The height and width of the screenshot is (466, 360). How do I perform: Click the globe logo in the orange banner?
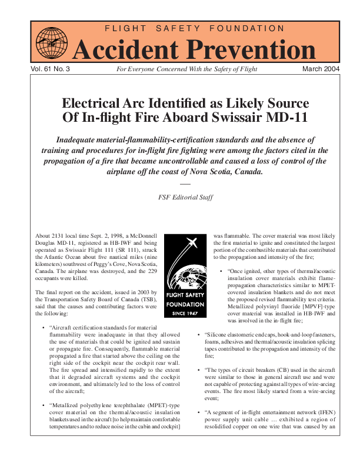tap(52, 43)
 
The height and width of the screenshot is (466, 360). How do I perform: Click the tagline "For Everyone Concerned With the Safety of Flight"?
tap(186, 69)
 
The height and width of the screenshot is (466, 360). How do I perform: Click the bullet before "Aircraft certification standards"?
tap(46, 327)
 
